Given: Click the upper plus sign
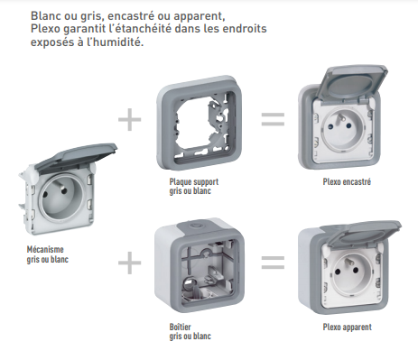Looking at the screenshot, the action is tap(130, 120).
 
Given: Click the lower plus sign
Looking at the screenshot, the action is tap(130, 263).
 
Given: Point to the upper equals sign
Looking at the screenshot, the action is tap(273, 119).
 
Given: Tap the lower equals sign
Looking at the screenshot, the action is tap(273, 263).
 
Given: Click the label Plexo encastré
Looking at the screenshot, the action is tap(347, 182).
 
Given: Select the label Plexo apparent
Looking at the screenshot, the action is tap(348, 328).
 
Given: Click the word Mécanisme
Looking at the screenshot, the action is tap(45, 249).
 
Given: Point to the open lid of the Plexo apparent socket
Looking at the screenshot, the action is tap(363, 235).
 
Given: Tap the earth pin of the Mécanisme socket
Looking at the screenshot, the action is tap(63, 191).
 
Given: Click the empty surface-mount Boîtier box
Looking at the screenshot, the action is tap(200, 264).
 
